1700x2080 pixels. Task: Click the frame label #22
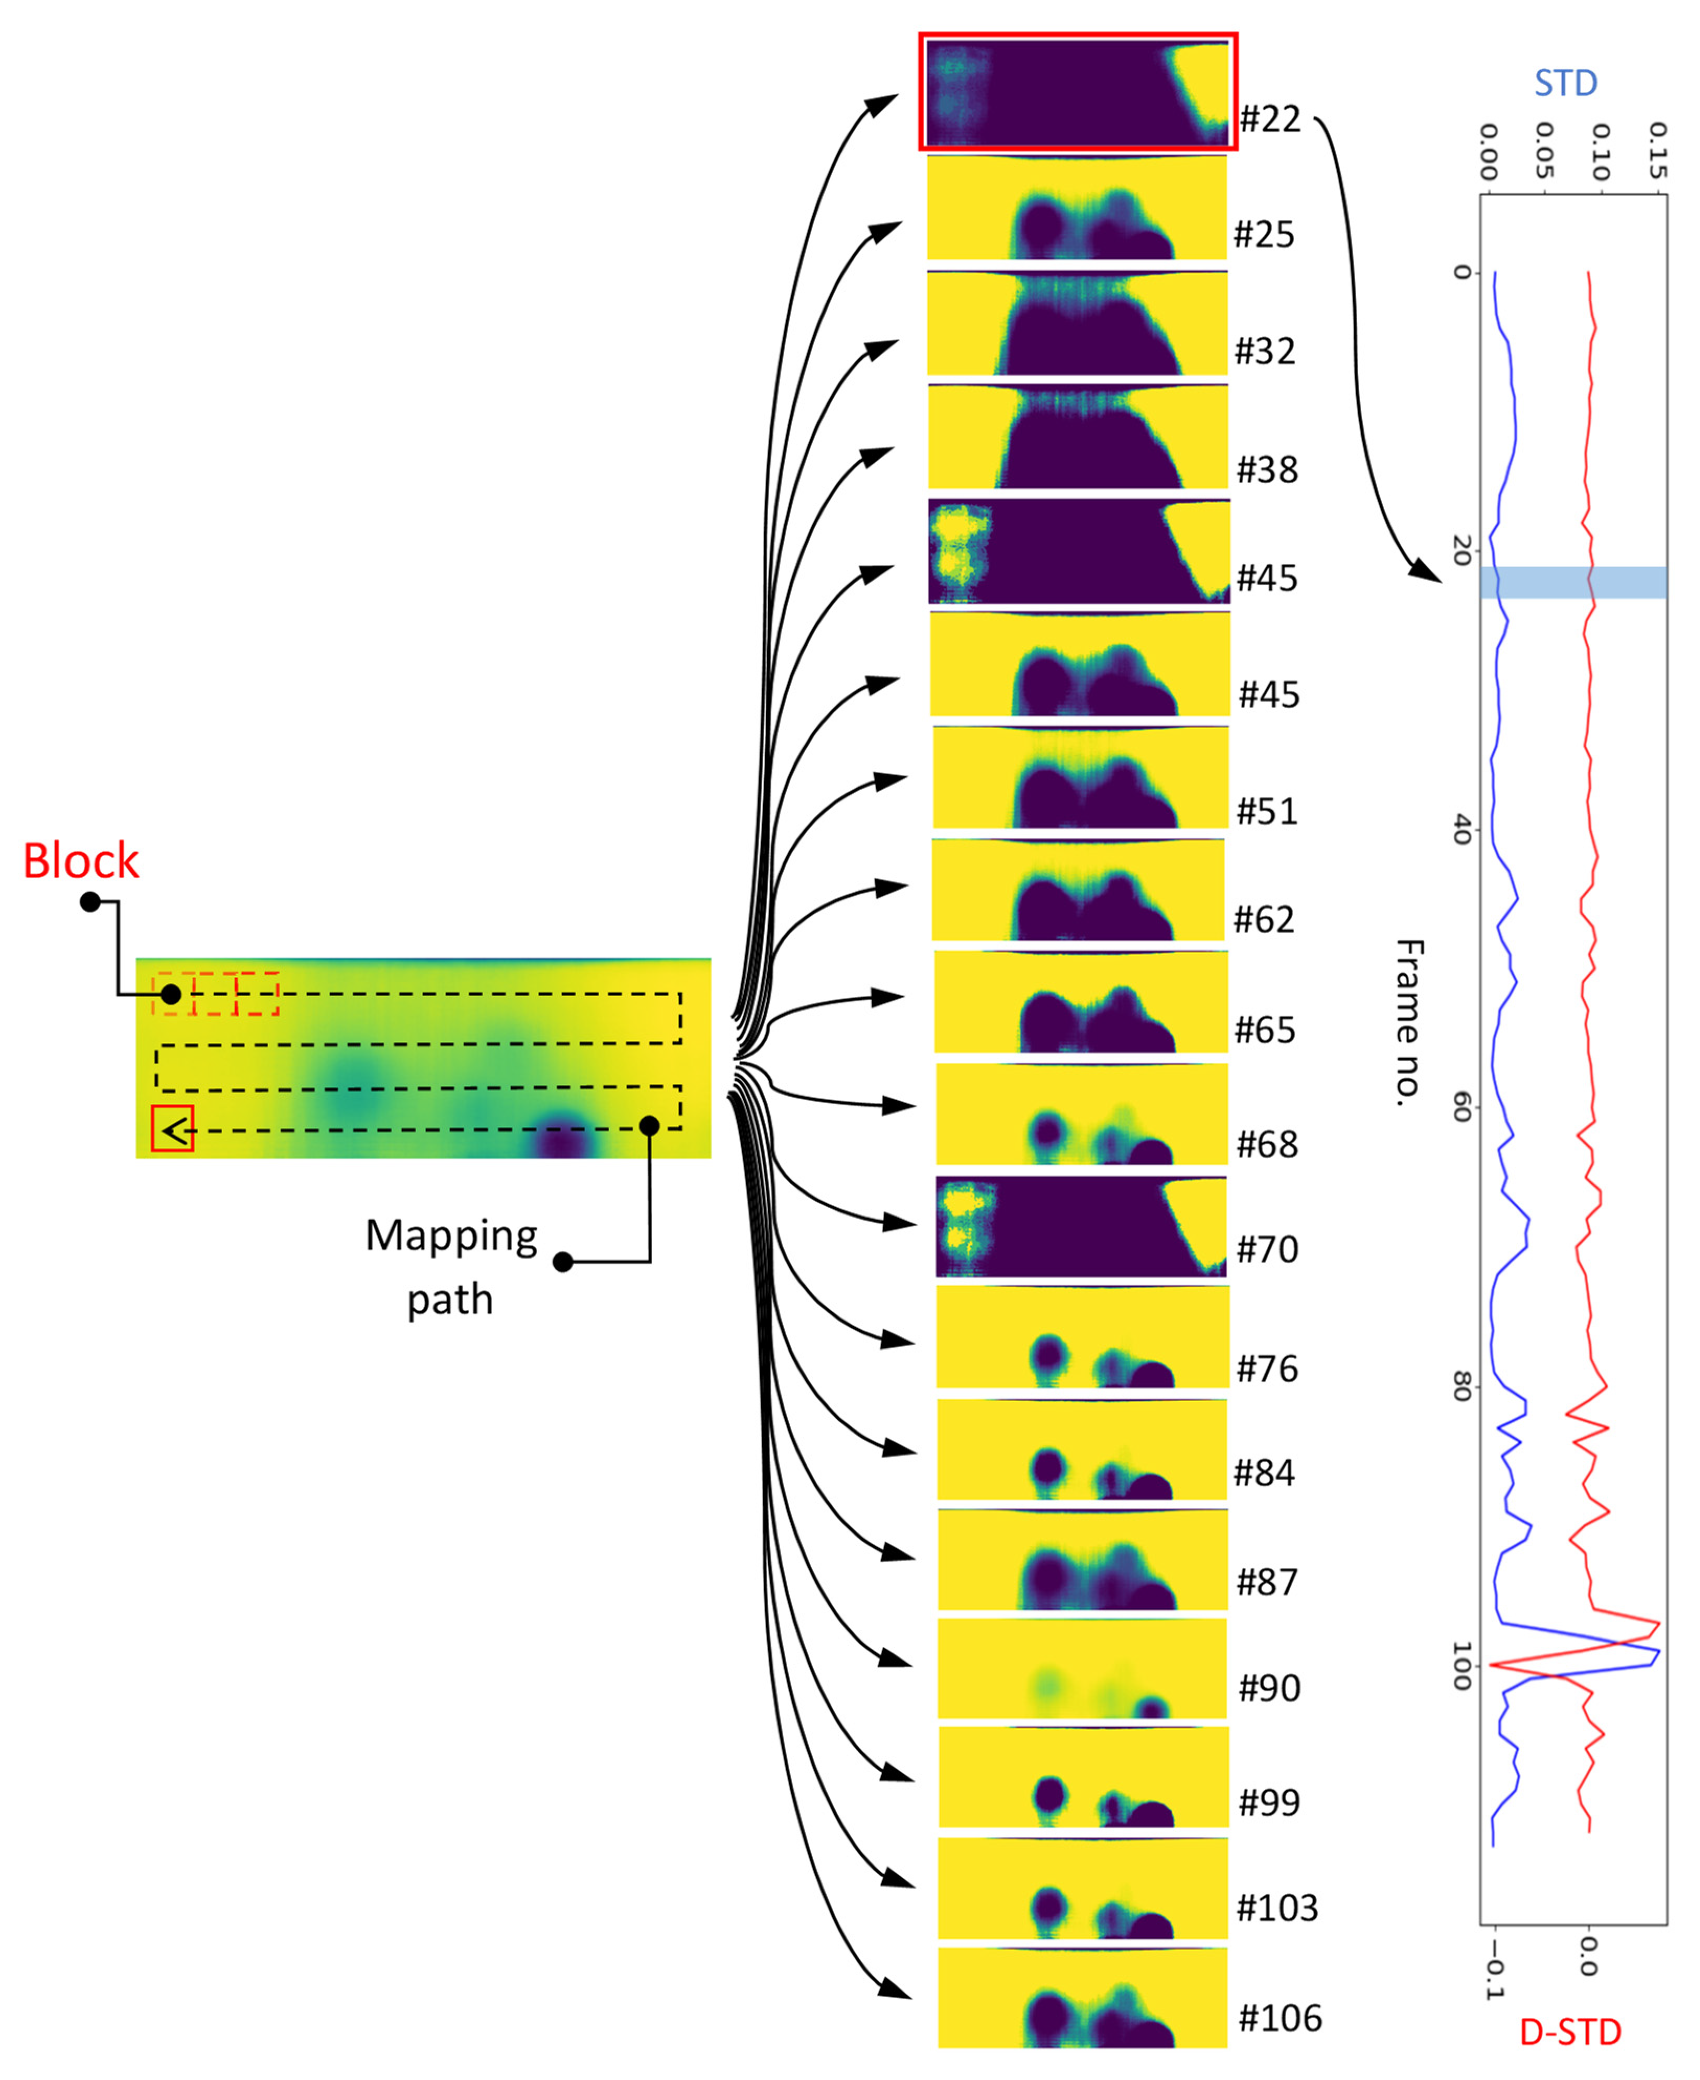tap(1270, 119)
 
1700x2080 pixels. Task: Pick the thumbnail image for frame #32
tap(1077, 323)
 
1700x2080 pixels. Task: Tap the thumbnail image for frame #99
tap(1083, 1777)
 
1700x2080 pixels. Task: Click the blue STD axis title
tap(1565, 83)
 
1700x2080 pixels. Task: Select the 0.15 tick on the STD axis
tap(1655, 152)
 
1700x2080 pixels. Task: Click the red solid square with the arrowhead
tap(173, 1128)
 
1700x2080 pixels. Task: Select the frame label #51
tap(1267, 811)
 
